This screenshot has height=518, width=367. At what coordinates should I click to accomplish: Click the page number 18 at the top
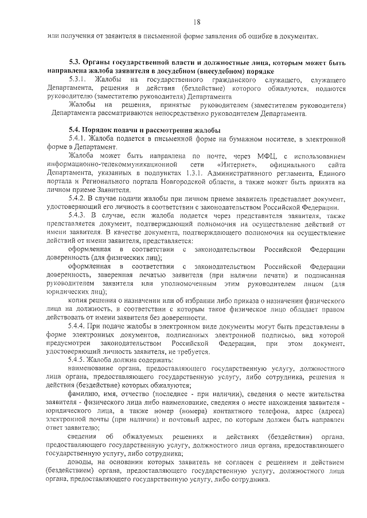point(197,22)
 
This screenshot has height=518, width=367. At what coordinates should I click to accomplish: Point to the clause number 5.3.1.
point(78,78)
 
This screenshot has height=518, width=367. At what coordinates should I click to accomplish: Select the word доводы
point(80,461)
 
